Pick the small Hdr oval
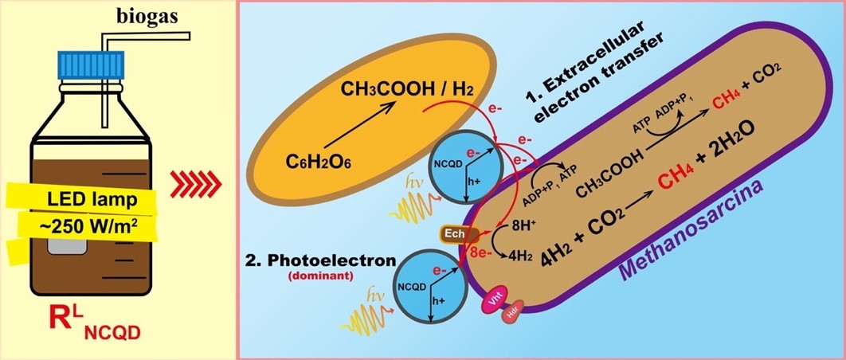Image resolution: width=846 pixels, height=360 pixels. tap(512, 316)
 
